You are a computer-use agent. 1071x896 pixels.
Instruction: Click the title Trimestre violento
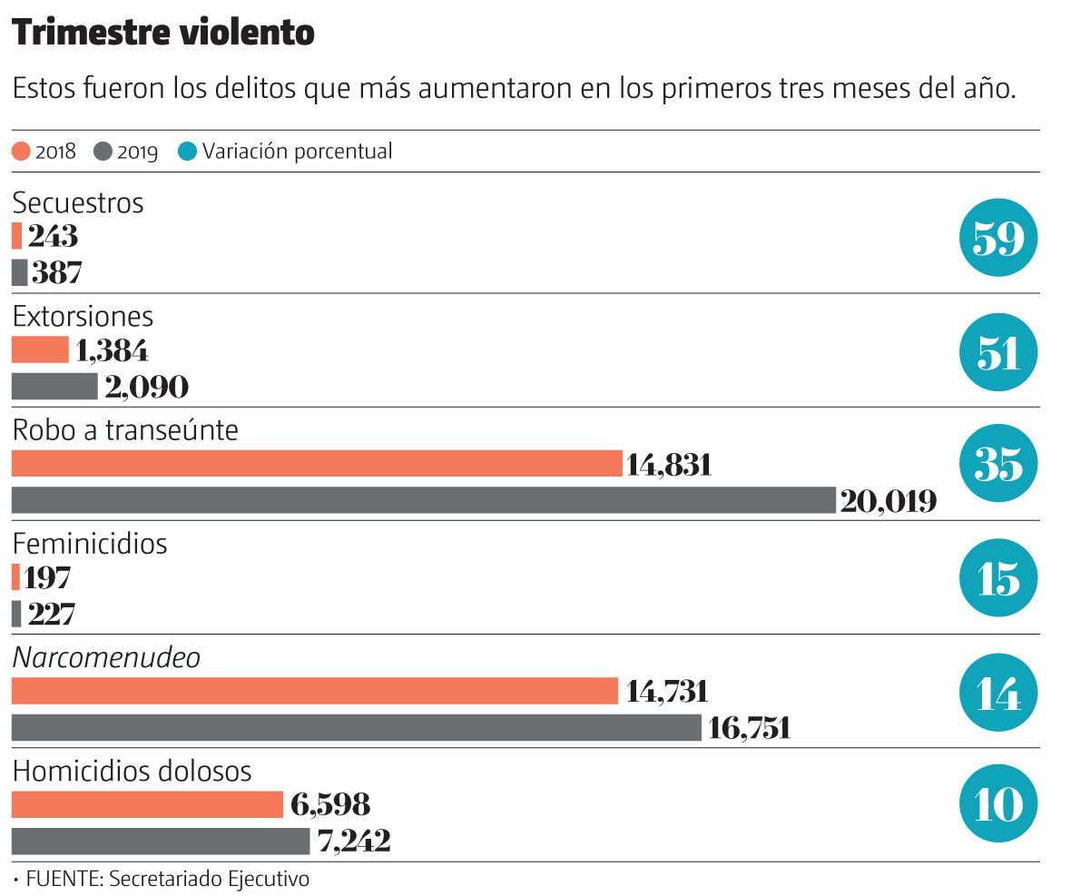click(x=163, y=34)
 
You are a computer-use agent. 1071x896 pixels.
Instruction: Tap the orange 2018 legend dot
click(x=21, y=152)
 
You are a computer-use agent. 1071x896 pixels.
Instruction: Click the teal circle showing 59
click(x=998, y=239)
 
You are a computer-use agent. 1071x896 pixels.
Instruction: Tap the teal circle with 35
click(x=998, y=466)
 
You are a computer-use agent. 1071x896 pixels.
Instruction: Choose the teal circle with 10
click(x=998, y=805)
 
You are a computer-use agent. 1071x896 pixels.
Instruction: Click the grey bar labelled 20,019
click(x=423, y=500)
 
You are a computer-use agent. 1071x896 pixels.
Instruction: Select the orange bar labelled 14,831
click(x=316, y=464)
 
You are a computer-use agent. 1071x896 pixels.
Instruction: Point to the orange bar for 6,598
click(x=147, y=804)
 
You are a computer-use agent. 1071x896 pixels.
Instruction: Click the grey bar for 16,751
click(x=356, y=727)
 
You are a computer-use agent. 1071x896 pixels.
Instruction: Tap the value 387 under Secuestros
click(x=55, y=271)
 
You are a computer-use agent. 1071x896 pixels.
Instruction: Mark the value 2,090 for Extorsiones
click(x=146, y=387)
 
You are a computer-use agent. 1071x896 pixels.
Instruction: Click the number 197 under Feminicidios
click(x=49, y=577)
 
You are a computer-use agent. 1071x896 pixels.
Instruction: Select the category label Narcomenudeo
click(x=106, y=657)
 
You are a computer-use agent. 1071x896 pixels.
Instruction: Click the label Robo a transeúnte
click(x=125, y=429)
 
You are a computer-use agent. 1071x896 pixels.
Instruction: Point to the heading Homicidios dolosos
click(x=132, y=771)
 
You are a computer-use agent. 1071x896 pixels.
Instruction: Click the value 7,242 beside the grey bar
click(x=354, y=842)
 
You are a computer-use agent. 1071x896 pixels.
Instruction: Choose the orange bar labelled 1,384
click(x=40, y=350)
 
